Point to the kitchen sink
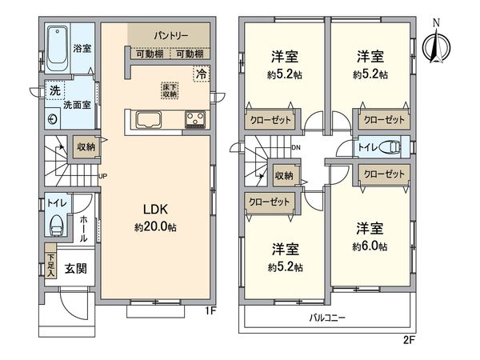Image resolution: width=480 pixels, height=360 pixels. tap(150, 121)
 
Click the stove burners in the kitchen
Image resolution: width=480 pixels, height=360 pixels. tap(195, 121)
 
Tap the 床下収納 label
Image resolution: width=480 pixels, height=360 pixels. tap(169, 90)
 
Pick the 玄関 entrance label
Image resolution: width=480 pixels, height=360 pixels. tap(76, 269)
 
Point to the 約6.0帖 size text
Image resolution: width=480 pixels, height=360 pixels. tap(371, 246)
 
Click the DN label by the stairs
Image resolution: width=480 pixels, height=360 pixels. tap(295, 147)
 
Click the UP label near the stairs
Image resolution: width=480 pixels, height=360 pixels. tap(102, 177)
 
